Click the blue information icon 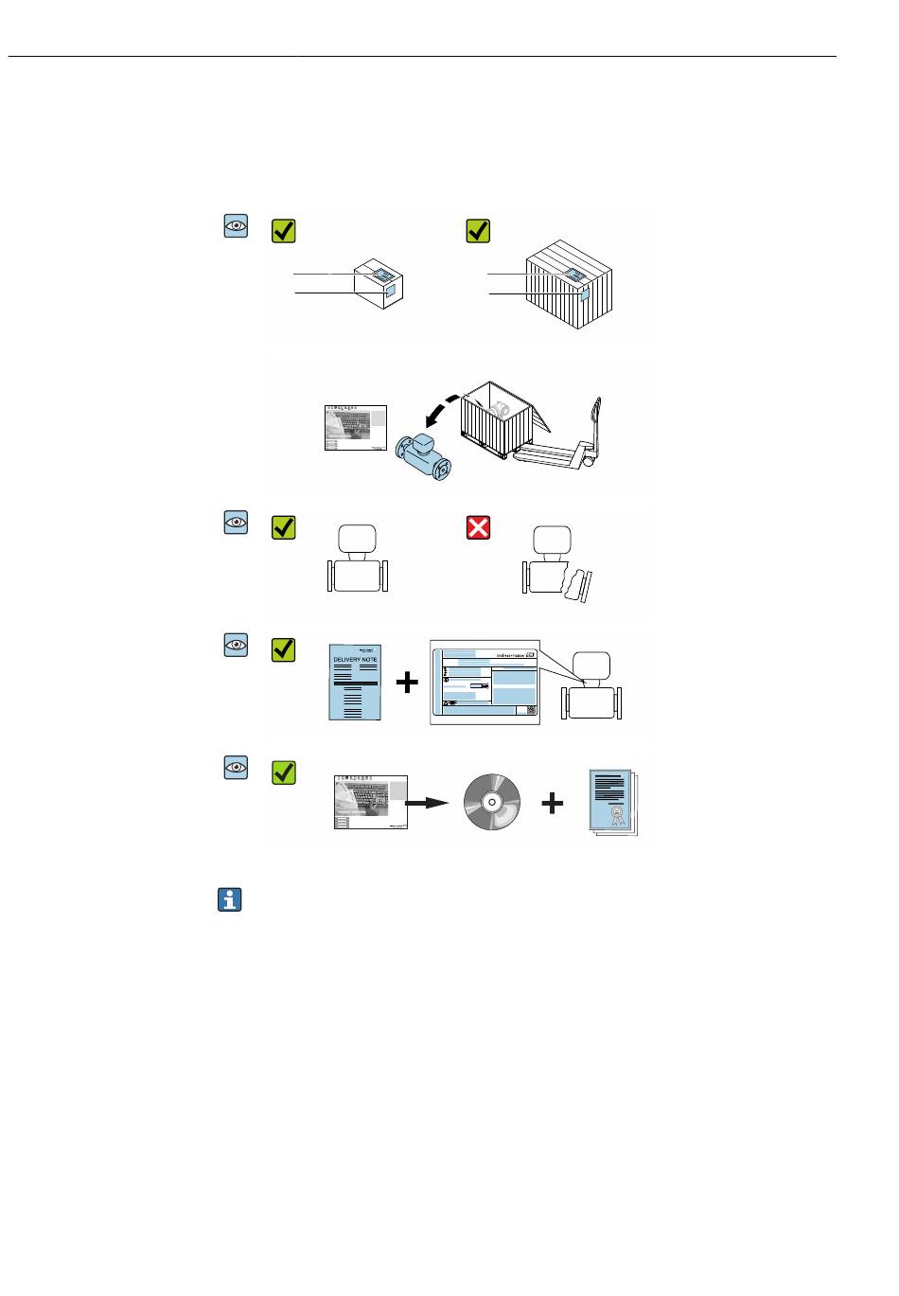coord(229,900)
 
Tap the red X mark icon coord(479,527)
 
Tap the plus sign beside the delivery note coord(406,682)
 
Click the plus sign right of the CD coord(552,804)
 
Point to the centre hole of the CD coord(492,803)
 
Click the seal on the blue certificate coord(616,813)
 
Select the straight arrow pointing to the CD coord(427,803)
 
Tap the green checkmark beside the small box coord(284,231)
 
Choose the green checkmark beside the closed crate coord(479,231)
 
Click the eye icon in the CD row coord(236,767)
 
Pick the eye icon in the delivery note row coord(236,645)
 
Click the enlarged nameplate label coord(485,682)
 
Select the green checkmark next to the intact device coord(284,527)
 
